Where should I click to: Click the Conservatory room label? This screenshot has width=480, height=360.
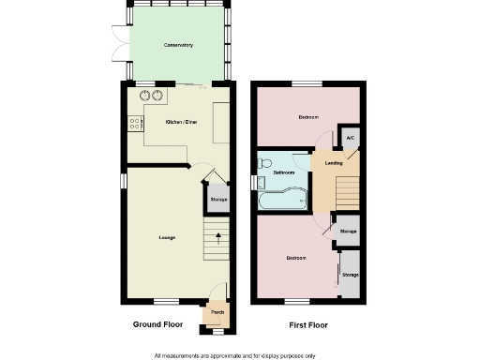click(177, 45)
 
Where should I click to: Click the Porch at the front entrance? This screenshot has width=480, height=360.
click(217, 313)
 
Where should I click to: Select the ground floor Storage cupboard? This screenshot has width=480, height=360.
click(217, 200)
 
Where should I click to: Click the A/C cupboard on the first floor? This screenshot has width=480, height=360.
click(350, 139)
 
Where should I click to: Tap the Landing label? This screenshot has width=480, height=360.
click(333, 164)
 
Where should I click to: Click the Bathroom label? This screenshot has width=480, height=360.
click(284, 173)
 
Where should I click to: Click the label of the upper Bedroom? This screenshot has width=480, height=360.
click(308, 117)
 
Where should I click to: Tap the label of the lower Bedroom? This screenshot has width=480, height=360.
click(297, 258)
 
